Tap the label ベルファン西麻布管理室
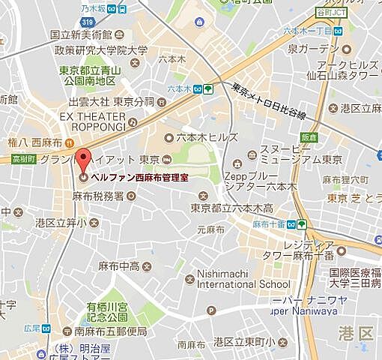[x=139, y=178]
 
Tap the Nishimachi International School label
[x=242, y=279]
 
